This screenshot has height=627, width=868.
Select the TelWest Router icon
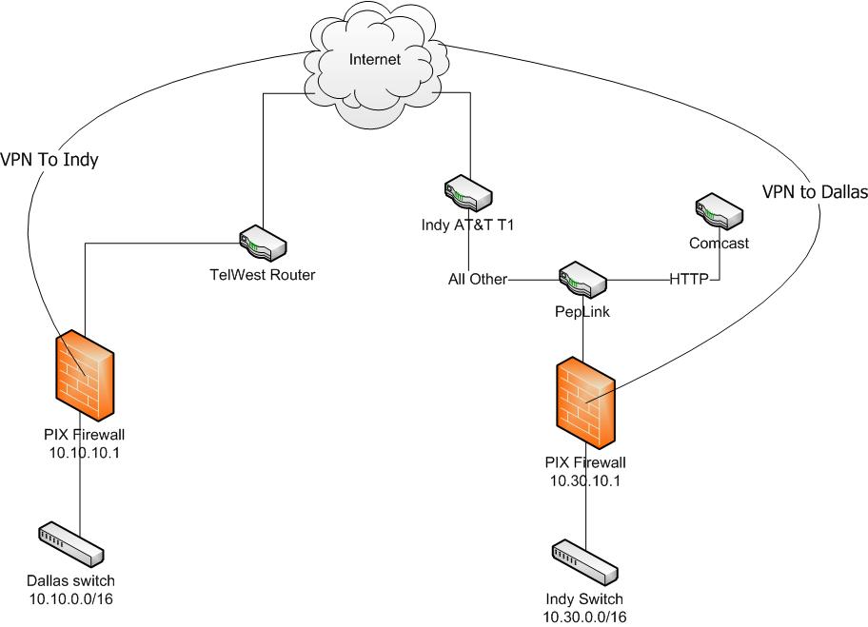pyautogui.click(x=261, y=244)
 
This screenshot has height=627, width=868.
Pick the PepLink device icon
pyautogui.click(x=582, y=279)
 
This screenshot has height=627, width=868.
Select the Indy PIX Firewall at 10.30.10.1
pyautogui.click(x=584, y=403)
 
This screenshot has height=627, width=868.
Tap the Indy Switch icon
pyautogui.click(x=582, y=560)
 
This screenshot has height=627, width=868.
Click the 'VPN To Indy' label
pyautogui.click(x=50, y=160)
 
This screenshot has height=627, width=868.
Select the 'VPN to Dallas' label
pyautogui.click(x=815, y=191)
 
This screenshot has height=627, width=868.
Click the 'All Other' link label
pyautogui.click(x=478, y=280)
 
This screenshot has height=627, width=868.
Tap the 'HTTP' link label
pyautogui.click(x=689, y=280)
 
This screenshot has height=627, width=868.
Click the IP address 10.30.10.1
pyautogui.click(x=583, y=480)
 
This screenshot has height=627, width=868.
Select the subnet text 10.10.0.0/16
pyautogui.click(x=73, y=598)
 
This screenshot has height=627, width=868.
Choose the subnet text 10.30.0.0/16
pyautogui.click(x=584, y=617)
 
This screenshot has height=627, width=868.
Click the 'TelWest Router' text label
pyautogui.click(x=262, y=275)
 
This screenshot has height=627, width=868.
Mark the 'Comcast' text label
pyautogui.click(x=720, y=243)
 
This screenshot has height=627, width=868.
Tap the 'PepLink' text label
pyautogui.click(x=582, y=310)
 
